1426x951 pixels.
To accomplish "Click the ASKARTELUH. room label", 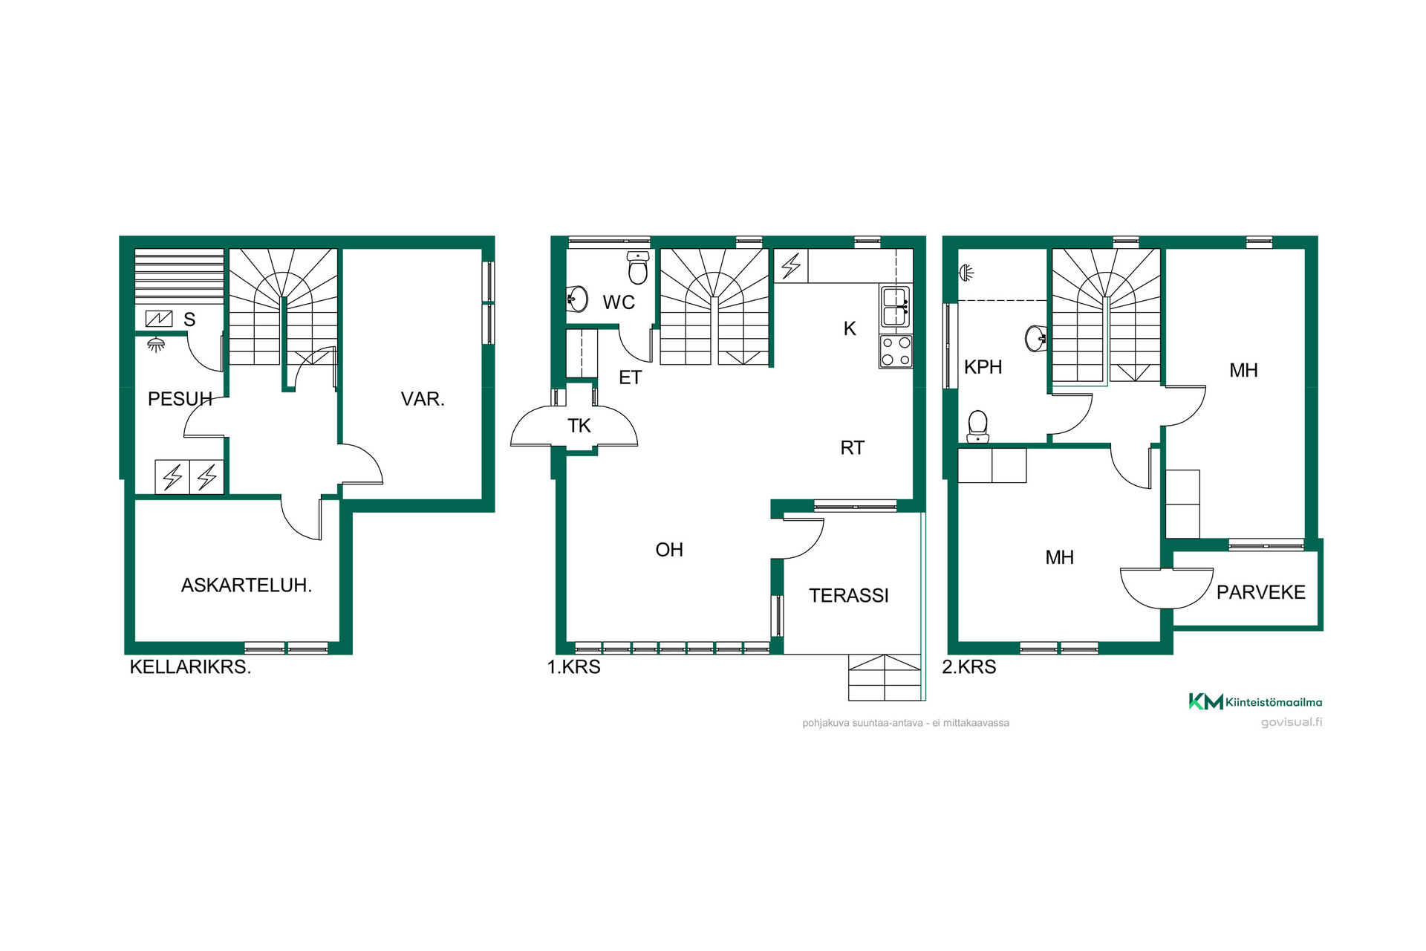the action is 247,585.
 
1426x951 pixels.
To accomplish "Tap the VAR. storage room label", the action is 423,399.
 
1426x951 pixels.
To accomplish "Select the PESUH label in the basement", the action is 180,399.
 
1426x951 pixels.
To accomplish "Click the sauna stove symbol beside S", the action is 159,319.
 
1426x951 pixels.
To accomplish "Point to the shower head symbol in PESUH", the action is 155,345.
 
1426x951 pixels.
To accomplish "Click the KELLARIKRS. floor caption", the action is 190,667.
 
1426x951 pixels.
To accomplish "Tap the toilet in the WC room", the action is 638,267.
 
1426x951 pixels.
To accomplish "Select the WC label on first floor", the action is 619,302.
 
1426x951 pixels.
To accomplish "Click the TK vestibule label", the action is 579,426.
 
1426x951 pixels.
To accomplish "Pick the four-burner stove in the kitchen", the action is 896,351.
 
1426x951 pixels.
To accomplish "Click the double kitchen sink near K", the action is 896,306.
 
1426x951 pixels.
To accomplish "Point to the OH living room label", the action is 669,550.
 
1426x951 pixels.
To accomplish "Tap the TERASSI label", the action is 849,596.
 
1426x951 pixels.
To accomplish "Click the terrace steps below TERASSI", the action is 885,678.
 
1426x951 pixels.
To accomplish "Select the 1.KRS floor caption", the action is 574,667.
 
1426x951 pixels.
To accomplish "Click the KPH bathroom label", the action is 983,367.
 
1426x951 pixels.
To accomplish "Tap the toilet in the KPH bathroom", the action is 978,427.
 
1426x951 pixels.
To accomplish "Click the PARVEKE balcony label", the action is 1261,592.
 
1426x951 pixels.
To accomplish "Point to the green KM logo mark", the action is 1205,701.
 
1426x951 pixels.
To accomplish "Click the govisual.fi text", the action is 1292,722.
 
